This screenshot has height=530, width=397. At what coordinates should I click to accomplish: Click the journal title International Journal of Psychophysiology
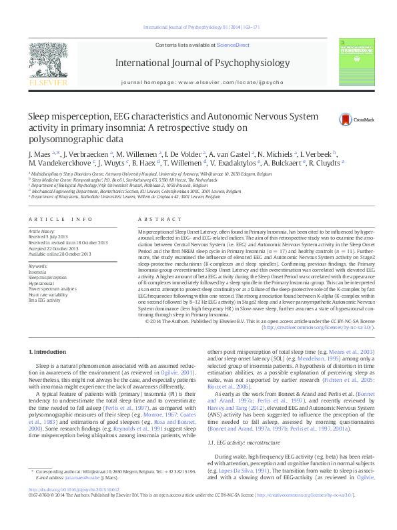(x=198, y=63)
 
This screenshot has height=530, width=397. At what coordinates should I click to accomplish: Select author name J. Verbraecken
(x=72, y=154)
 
